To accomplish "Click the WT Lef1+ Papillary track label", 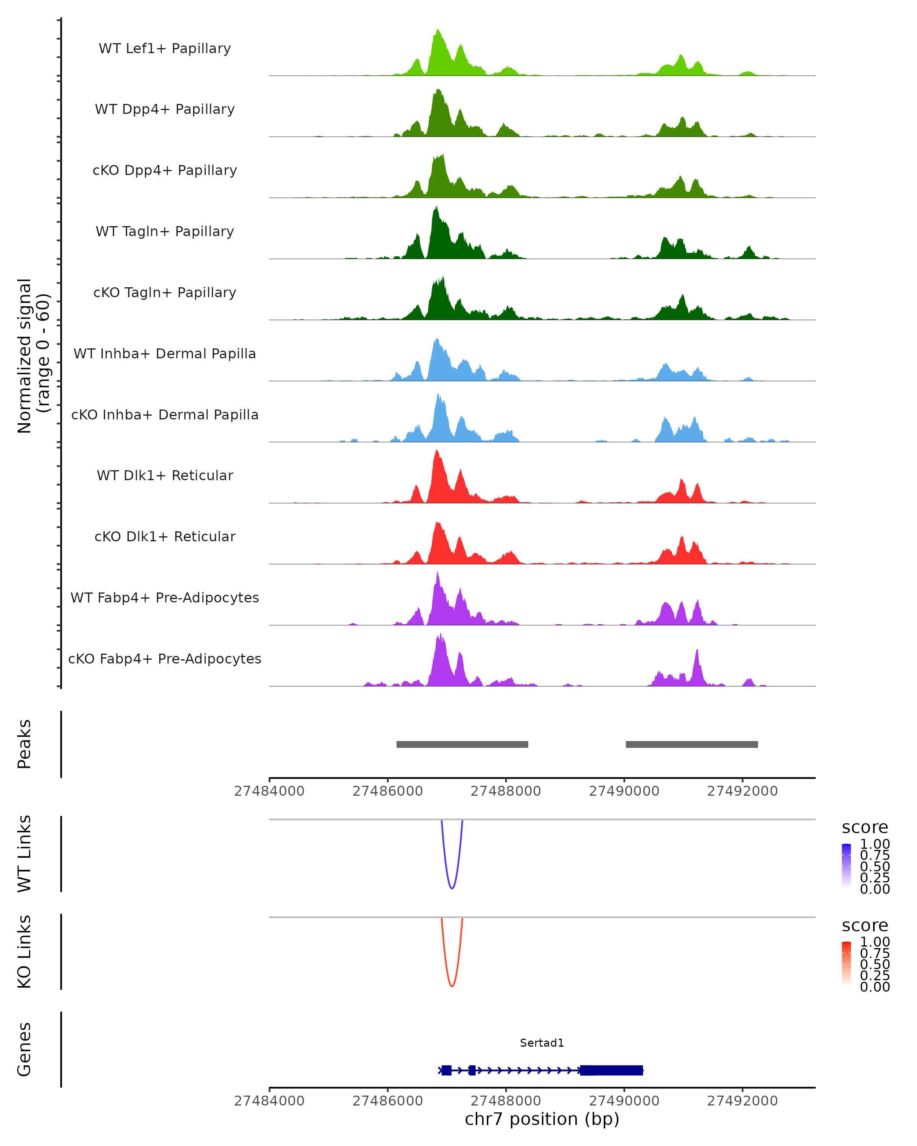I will pos(165,49).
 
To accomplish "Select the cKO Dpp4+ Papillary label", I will pos(165,170).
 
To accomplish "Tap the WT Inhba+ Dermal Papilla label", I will pos(165,353).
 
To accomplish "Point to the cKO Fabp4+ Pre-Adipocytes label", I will pos(165,659).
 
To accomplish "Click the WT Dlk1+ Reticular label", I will pos(165,475).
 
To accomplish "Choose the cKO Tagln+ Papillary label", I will pos(165,292).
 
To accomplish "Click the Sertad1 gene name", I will pos(542,1042).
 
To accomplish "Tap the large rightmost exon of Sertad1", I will pos(611,1070).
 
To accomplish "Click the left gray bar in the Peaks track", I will pos(462,744).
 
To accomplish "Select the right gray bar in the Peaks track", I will pos(692,744).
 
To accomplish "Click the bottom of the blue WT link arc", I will pos(452,888).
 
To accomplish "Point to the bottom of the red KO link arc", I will pos(452,986).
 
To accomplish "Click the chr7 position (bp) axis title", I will pos(542,1119).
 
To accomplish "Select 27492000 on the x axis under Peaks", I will pos(742,791).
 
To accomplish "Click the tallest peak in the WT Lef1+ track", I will pos(438,32).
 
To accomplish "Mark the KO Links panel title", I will pos(24,952).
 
